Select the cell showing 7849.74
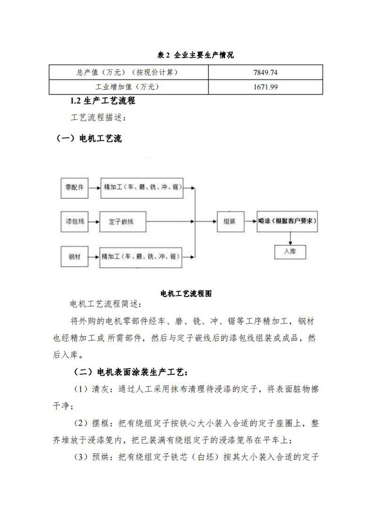coord(266,73)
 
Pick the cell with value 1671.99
coord(266,87)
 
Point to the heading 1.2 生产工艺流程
coord(103,101)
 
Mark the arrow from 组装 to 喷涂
coord(250,221)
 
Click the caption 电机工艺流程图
coord(185,294)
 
